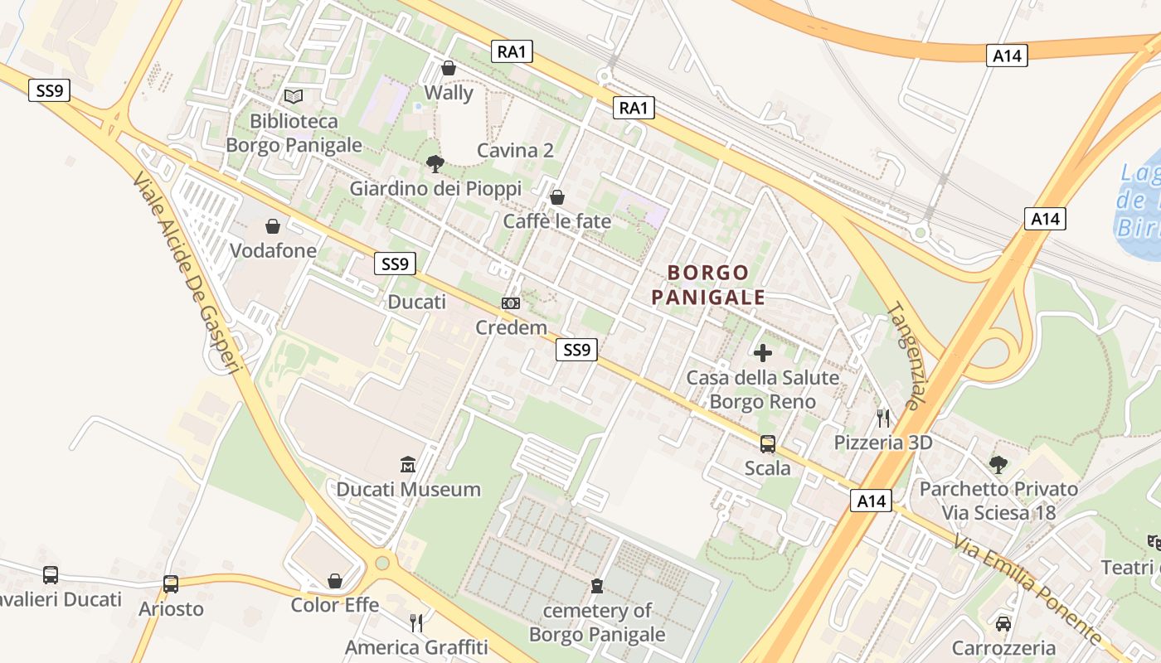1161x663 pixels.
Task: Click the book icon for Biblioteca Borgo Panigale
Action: click(294, 96)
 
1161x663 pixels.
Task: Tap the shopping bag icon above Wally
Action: click(449, 68)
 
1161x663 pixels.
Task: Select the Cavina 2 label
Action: click(515, 151)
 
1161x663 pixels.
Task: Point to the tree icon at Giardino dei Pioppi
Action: click(435, 164)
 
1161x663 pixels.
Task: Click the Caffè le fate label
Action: click(557, 221)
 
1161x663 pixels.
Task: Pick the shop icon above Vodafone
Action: click(273, 226)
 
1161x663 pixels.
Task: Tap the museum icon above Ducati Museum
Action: click(408, 464)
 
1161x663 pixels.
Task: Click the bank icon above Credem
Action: click(511, 304)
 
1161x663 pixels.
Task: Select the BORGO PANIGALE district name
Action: click(707, 284)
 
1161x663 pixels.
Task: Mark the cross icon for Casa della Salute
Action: click(763, 353)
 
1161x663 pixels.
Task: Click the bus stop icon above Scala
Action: click(768, 444)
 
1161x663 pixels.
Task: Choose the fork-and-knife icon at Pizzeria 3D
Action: click(883, 418)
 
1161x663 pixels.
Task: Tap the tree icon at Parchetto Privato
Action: click(998, 464)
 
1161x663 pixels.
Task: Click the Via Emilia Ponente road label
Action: click(1027, 589)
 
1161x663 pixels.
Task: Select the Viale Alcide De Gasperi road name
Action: click(186, 273)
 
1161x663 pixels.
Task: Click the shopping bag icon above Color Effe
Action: click(335, 581)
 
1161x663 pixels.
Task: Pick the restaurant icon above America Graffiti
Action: click(416, 622)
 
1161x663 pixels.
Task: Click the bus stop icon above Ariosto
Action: click(171, 584)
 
